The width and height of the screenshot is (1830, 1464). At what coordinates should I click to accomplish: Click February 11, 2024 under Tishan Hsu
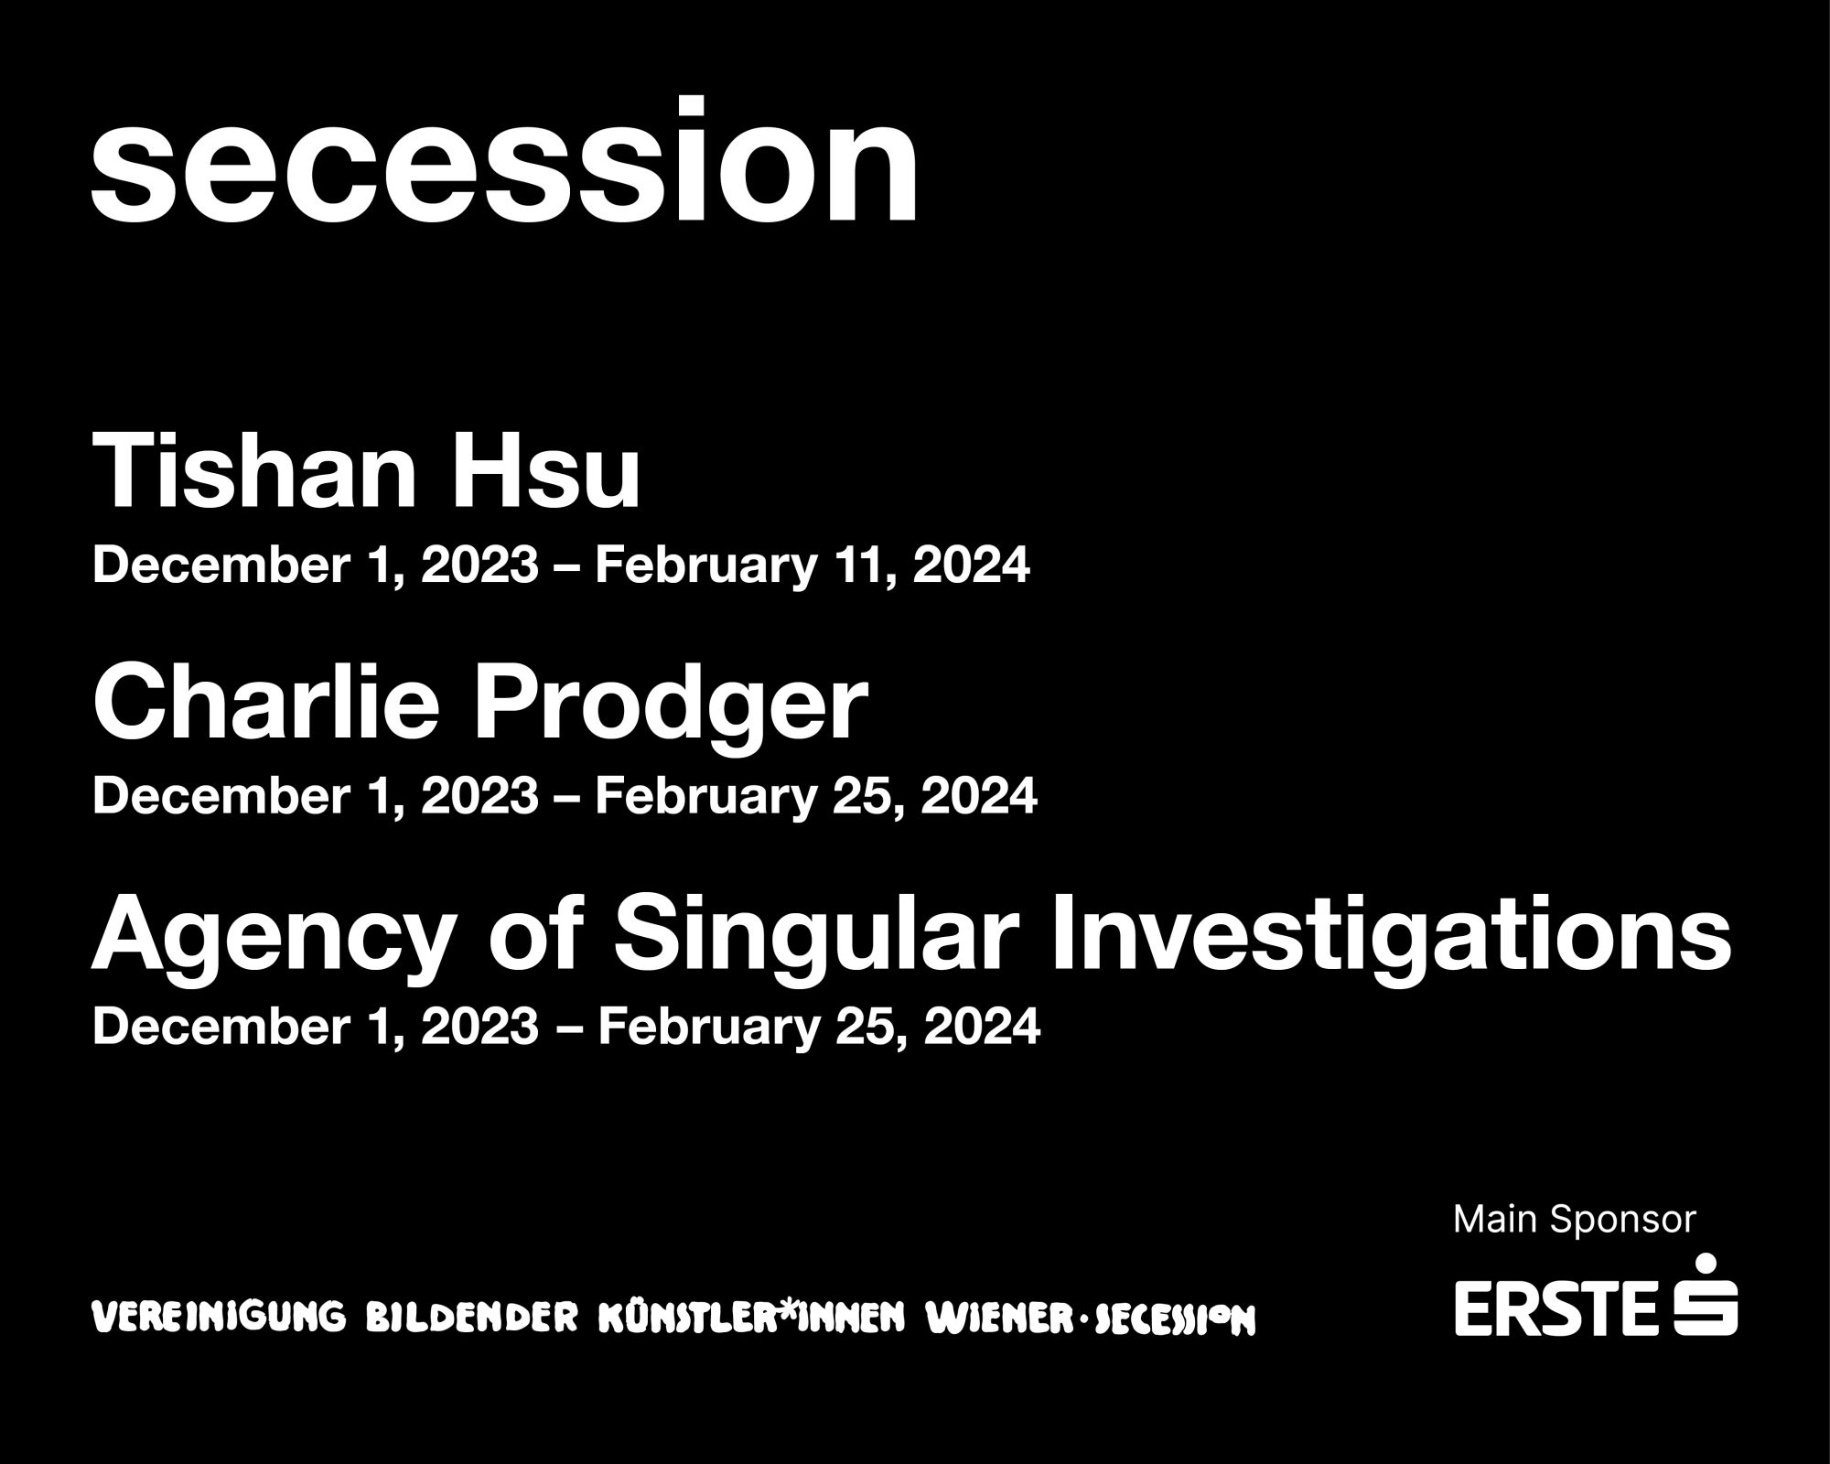[812, 566]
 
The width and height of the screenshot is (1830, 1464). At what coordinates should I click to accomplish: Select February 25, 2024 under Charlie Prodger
[815, 797]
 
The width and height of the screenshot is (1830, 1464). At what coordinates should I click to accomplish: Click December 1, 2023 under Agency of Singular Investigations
[316, 1028]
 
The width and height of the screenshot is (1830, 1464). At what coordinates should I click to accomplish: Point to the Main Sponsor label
[1574, 1220]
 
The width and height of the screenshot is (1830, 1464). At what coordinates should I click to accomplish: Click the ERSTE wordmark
[1555, 1308]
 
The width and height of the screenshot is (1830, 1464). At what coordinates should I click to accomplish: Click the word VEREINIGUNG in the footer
[220, 1318]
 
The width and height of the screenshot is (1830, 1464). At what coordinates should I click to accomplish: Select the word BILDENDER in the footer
[471, 1318]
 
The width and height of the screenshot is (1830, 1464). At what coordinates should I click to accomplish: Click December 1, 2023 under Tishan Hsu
[316, 566]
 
